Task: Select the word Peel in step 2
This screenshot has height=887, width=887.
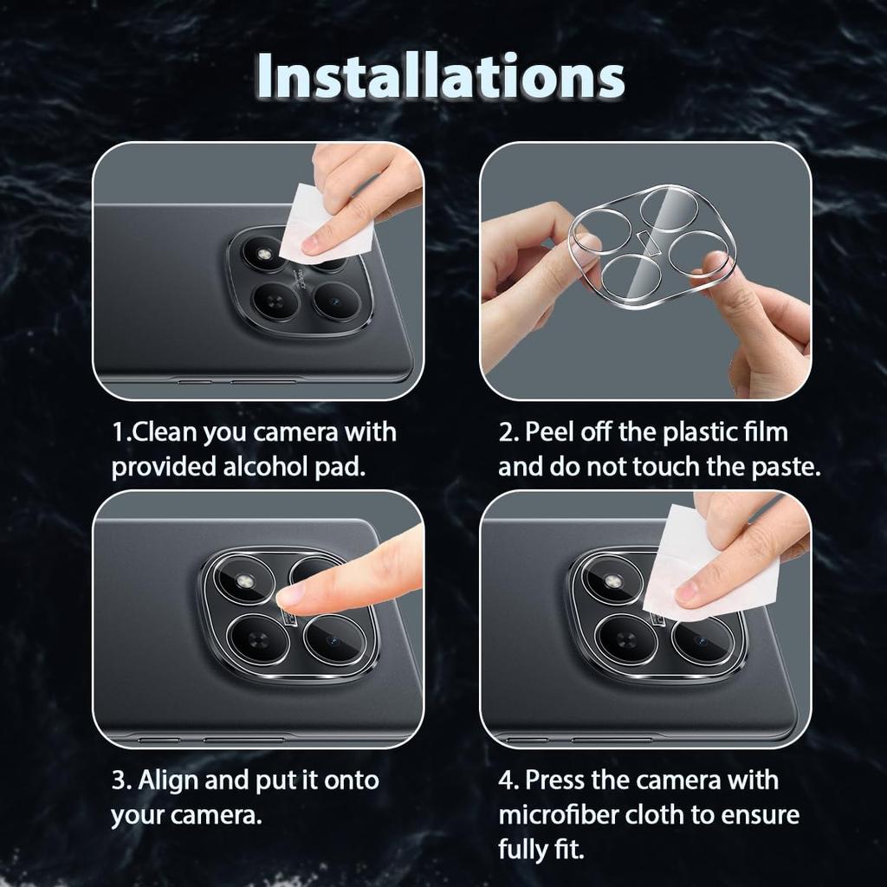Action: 550,431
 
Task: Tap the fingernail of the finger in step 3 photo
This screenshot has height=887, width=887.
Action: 291,594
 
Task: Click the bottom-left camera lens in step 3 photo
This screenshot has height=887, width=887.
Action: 257,640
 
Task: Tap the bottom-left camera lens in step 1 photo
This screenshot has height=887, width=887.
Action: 275,301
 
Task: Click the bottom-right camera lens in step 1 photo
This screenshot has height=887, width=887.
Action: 336,301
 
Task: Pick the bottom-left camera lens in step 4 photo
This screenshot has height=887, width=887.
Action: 626,640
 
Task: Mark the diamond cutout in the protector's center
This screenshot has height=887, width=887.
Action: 650,243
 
